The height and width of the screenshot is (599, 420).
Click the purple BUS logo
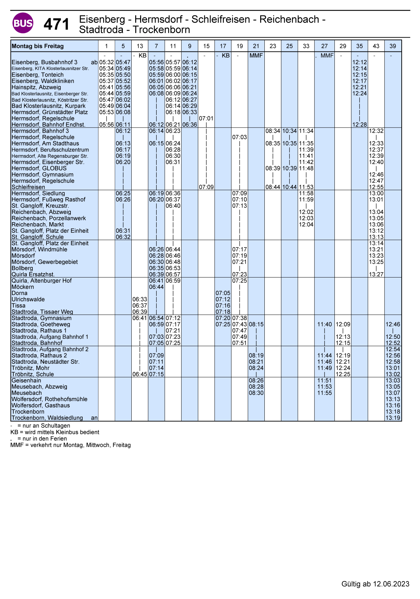pyautogui.click(x=23, y=23)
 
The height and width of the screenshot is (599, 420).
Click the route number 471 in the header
pyautogui.click(x=56, y=25)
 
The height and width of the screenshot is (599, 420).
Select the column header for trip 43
pyautogui.click(x=376, y=46)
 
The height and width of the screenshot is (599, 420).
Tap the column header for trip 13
pyautogui.click(x=140, y=46)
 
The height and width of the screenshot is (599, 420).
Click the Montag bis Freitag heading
pyautogui.click(x=38, y=46)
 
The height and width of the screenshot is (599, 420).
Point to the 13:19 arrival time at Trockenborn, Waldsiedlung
pyautogui.click(x=393, y=418)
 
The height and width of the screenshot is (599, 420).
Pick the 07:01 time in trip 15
pyautogui.click(x=206, y=119)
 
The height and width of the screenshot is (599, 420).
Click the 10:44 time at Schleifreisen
pyautogui.click(x=289, y=187)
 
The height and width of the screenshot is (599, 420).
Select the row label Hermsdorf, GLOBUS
pyautogui.click(x=39, y=168)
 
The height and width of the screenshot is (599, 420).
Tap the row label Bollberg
pyautogui.click(x=22, y=268)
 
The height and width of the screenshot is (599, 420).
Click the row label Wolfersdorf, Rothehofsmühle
pyautogui.click(x=49, y=399)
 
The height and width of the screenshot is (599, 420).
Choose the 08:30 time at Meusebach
pyautogui.click(x=256, y=393)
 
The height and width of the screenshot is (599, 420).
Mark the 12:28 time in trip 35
pyautogui.click(x=359, y=125)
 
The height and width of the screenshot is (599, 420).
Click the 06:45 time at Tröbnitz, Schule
pyautogui.click(x=140, y=374)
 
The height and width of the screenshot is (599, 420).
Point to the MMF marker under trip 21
pyautogui.click(x=256, y=56)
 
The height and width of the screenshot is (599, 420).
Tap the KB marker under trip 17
pyautogui.click(x=225, y=56)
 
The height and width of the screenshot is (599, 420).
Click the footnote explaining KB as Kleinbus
pyautogui.click(x=55, y=432)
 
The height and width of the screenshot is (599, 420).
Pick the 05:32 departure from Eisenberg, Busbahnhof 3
pyautogui.click(x=106, y=62)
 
